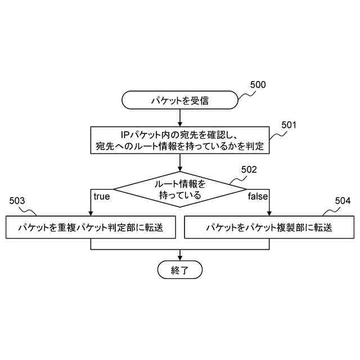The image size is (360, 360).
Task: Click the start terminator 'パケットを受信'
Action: point(179,101)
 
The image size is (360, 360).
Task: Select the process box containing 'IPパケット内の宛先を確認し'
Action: point(179,140)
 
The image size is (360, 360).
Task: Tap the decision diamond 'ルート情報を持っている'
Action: point(179,190)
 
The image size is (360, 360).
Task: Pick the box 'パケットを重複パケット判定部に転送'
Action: point(91,228)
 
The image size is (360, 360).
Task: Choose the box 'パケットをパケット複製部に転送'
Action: point(268,228)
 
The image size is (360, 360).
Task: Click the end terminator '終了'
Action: point(179,270)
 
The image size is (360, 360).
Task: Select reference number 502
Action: point(249,169)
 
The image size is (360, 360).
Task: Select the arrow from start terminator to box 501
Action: point(179,117)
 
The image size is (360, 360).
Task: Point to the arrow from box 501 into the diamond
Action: point(179,163)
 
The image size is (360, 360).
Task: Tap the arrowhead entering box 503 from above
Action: point(91,213)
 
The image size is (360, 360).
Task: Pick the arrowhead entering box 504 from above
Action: point(268,213)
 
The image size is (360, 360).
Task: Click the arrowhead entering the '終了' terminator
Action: point(179,258)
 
